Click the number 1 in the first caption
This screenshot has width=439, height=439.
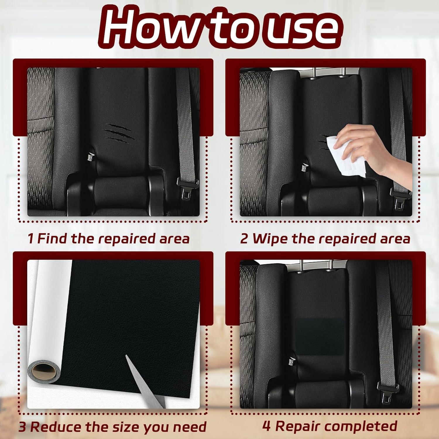[x=31, y=239]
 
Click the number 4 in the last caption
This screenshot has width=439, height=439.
[x=266, y=426]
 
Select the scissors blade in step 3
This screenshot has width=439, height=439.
[x=145, y=382]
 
